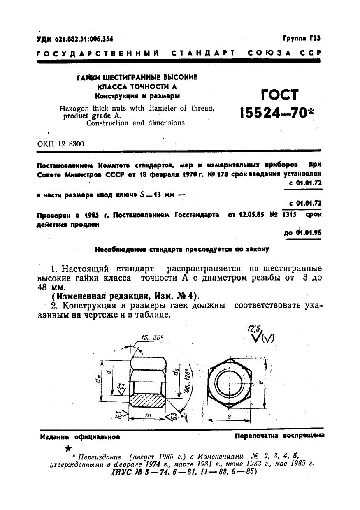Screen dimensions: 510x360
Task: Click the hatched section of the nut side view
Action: click(x=147, y=401)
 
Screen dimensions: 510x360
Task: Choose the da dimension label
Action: click(x=176, y=372)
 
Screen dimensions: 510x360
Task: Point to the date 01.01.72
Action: click(x=308, y=183)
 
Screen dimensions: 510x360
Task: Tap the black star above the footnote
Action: click(x=70, y=448)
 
